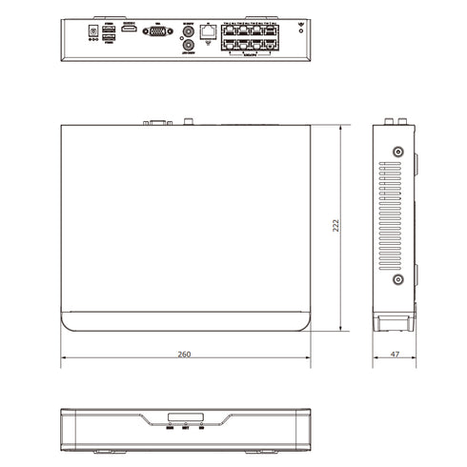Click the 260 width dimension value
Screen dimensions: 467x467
pyautogui.click(x=184, y=355)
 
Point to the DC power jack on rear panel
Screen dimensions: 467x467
pyautogui.click(x=92, y=31)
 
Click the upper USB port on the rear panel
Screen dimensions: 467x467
pyautogui.click(x=109, y=29)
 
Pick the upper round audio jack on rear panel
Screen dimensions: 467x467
pyautogui.click(x=189, y=30)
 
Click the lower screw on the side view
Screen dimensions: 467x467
pyautogui.click(x=397, y=280)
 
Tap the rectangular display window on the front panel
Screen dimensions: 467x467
pyautogui.click(x=185, y=417)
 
